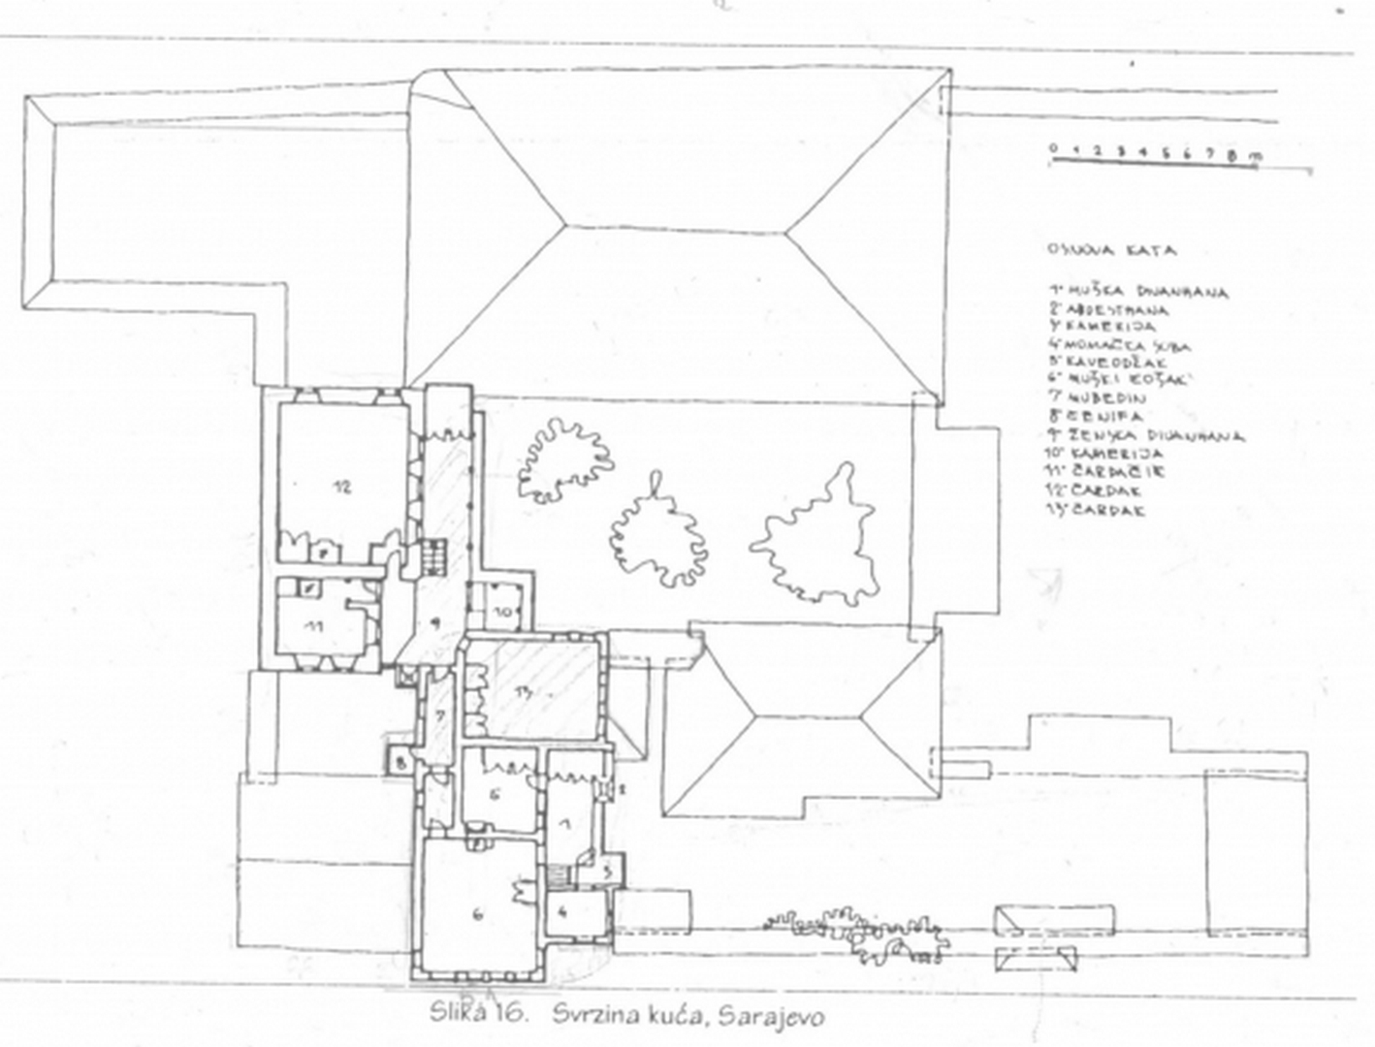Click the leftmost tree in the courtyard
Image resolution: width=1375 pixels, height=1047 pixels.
pos(564,459)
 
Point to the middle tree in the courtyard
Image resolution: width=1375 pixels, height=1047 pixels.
pos(657,532)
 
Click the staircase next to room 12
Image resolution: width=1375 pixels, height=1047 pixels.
pos(432,556)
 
